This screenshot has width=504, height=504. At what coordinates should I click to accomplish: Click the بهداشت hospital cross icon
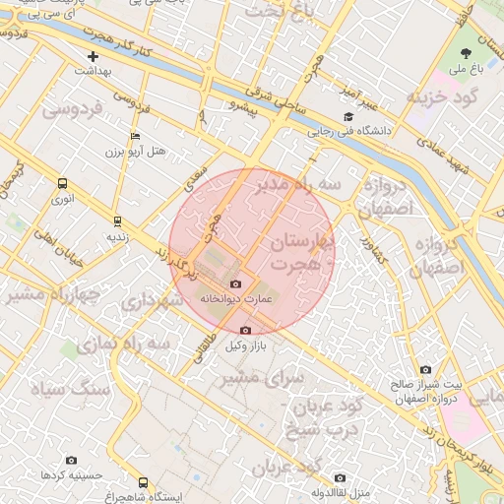click(94, 57)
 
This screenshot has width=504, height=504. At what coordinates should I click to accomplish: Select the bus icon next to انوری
click(63, 183)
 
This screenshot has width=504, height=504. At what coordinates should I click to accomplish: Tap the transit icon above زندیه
click(117, 221)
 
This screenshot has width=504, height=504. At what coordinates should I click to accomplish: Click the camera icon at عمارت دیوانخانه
click(235, 284)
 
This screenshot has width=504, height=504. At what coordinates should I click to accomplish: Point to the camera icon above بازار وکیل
click(245, 330)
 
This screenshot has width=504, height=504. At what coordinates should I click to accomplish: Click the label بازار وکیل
click(246, 346)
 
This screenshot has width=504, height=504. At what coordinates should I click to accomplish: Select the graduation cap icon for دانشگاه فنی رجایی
click(346, 116)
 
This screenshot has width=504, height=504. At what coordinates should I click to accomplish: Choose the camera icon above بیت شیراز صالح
click(424, 370)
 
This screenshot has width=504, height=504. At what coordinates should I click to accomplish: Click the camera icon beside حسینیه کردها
click(70, 460)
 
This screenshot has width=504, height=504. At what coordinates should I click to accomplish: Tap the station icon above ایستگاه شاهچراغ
click(144, 482)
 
